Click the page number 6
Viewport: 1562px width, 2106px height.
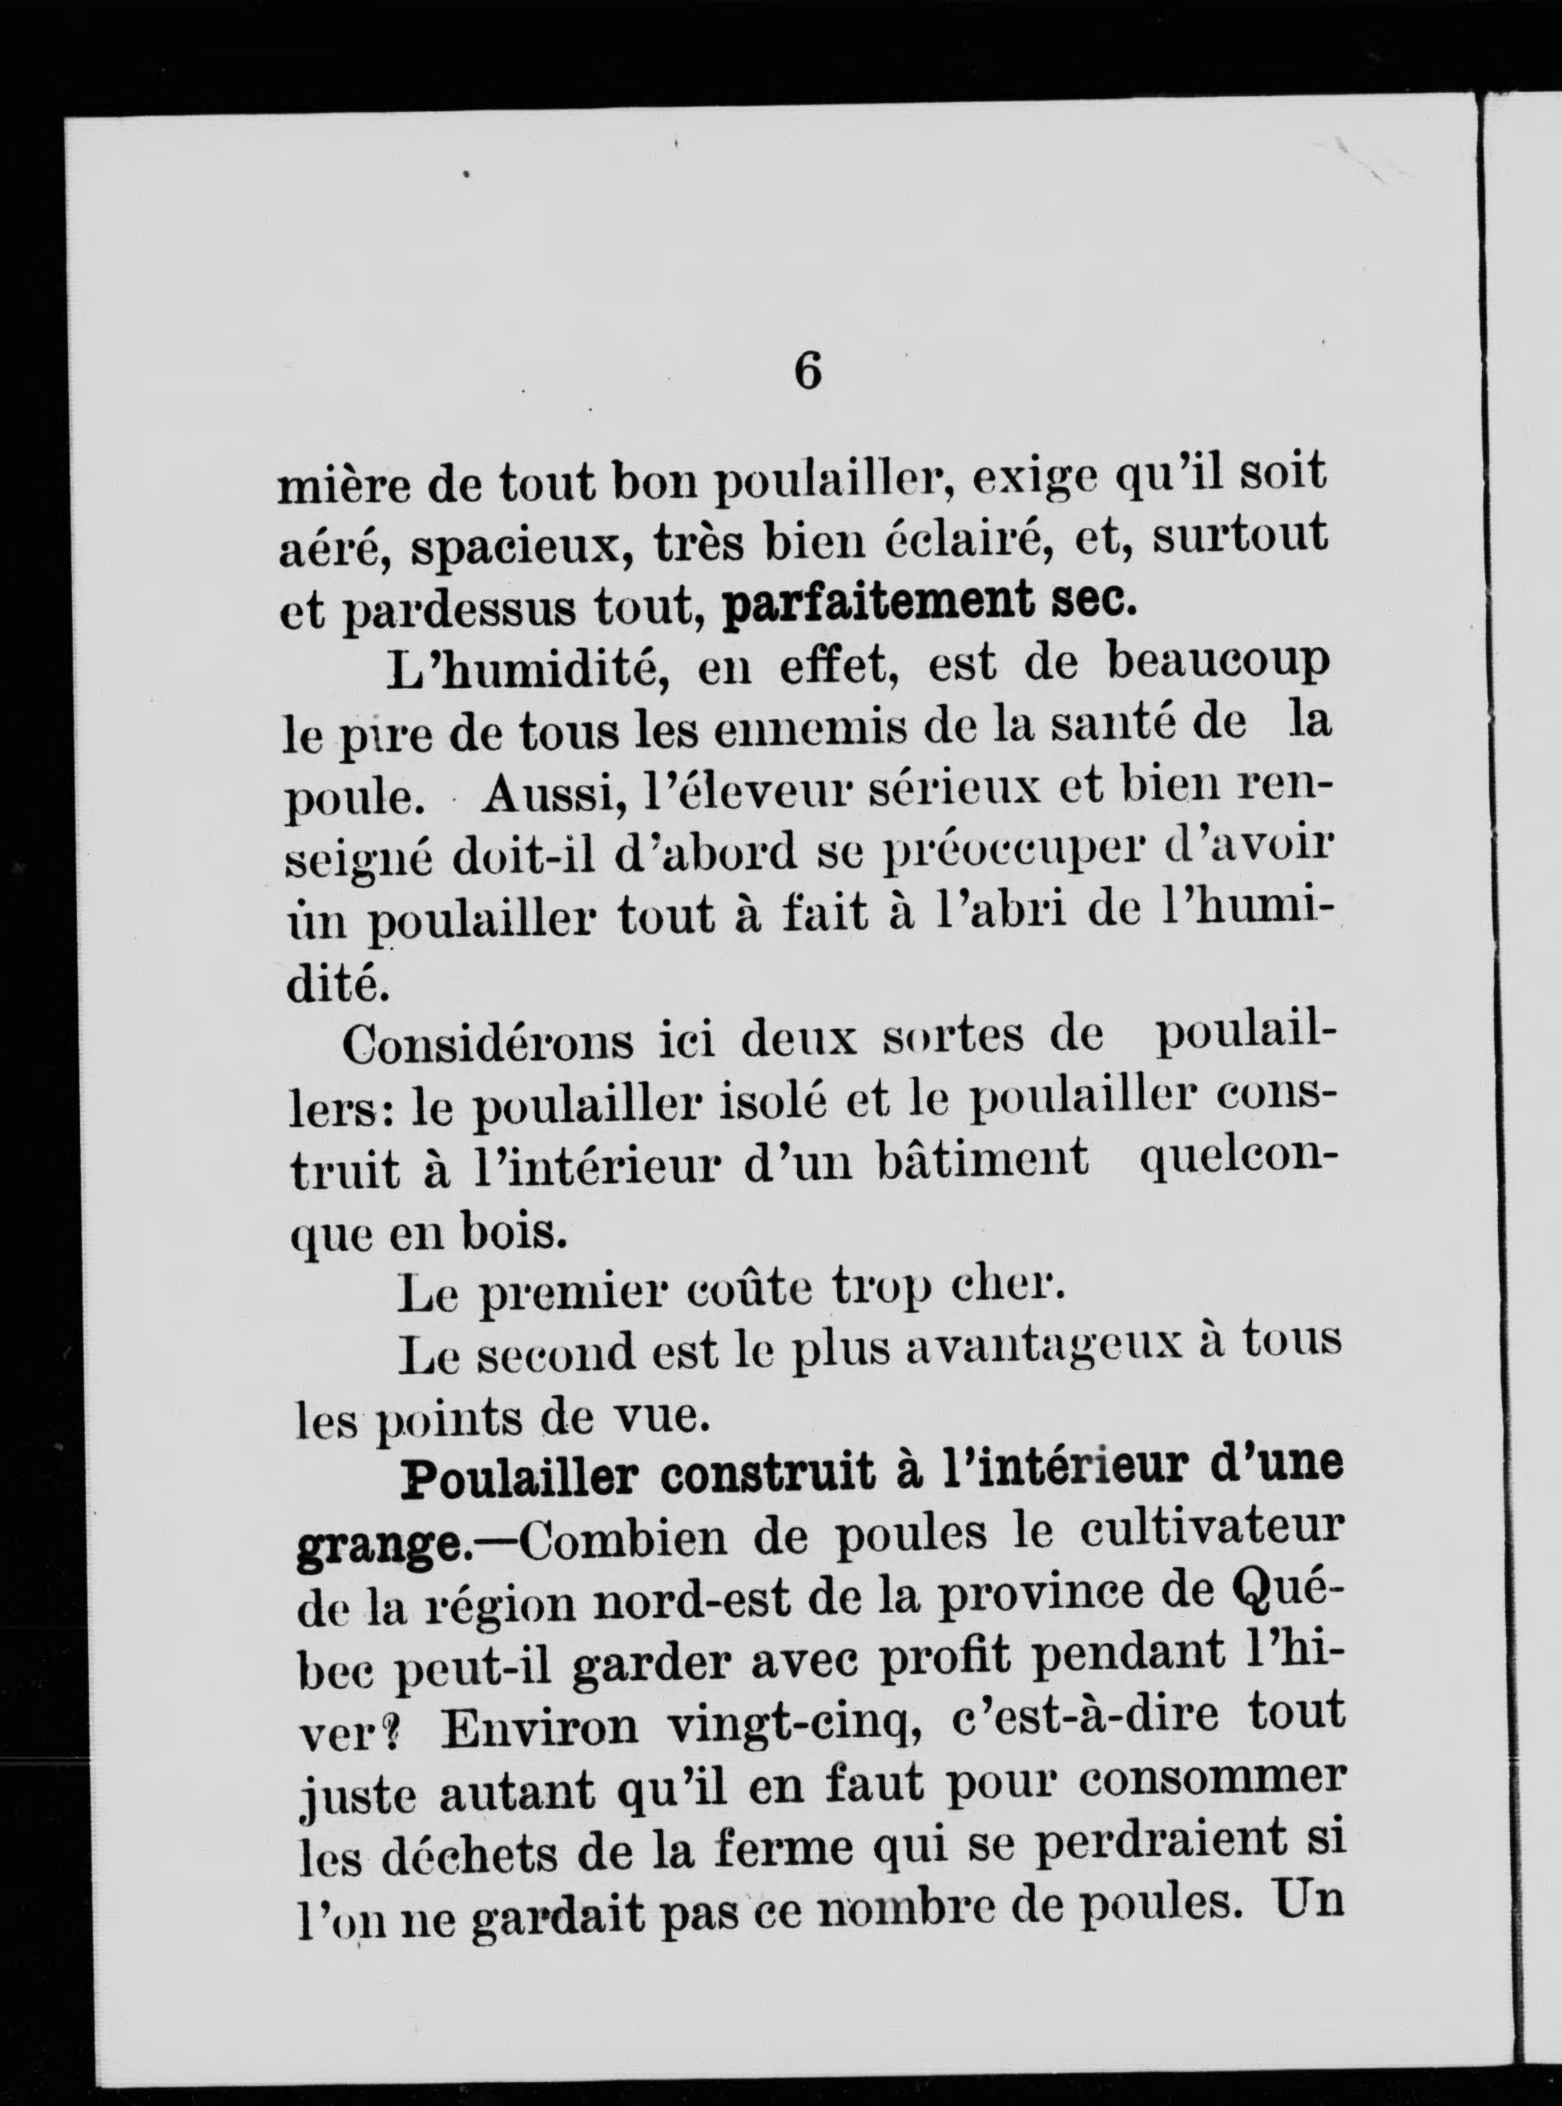[x=807, y=371]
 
